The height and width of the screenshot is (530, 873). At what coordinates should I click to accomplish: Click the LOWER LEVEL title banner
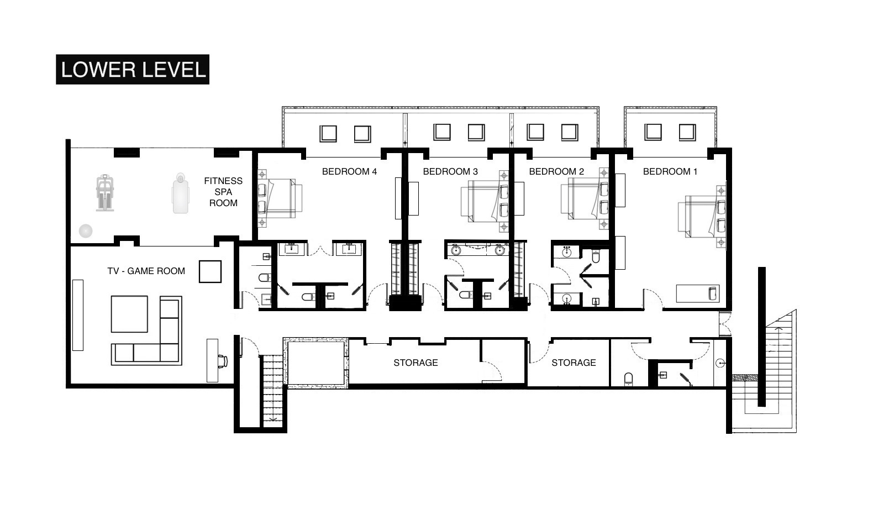pyautogui.click(x=133, y=70)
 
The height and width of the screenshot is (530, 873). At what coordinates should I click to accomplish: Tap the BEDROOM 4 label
pyautogui.click(x=349, y=171)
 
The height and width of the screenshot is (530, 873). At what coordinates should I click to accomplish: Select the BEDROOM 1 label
pyautogui.click(x=670, y=171)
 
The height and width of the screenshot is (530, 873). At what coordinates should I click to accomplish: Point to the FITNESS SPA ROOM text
pyautogui.click(x=223, y=192)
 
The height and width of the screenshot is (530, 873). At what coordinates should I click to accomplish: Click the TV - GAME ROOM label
pyautogui.click(x=146, y=271)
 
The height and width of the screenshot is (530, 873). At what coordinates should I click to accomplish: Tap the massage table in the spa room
pyautogui.click(x=180, y=193)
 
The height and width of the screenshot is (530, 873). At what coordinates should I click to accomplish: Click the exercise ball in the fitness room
pyautogui.click(x=85, y=230)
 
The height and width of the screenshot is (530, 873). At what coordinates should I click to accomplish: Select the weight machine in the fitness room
pyautogui.click(x=105, y=193)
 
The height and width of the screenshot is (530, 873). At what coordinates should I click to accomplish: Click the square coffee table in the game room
pyautogui.click(x=129, y=314)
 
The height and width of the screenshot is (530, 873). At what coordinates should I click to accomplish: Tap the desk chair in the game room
pyautogui.click(x=223, y=361)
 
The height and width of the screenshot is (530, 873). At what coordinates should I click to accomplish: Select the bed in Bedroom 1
pyautogui.click(x=701, y=217)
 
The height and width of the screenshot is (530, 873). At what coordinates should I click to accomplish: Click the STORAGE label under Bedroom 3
pyautogui.click(x=416, y=363)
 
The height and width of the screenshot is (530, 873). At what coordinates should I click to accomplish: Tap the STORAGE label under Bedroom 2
pyautogui.click(x=574, y=363)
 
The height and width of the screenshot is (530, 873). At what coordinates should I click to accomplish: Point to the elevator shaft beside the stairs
pyautogui.click(x=315, y=363)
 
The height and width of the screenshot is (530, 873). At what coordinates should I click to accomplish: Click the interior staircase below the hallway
pyautogui.click(x=272, y=390)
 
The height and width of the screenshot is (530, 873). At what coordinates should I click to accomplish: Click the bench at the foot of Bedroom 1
pyautogui.click(x=698, y=293)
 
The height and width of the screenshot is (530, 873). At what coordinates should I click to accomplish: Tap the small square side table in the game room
pyautogui.click(x=210, y=271)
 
